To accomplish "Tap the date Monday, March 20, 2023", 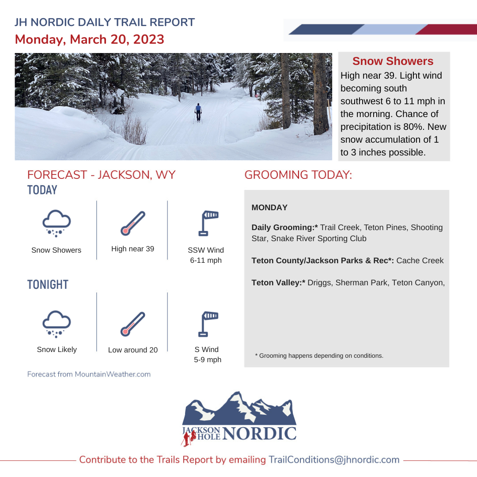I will coord(90,39).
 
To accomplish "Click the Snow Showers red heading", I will coord(393,61).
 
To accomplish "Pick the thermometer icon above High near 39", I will coord(132,223).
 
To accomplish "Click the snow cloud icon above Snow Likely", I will coord(56,323).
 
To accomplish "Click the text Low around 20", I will coord(133,350).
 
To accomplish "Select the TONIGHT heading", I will coord(48,285).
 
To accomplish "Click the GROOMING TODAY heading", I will coord(298,175).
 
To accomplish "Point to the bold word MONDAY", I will coord(269,208).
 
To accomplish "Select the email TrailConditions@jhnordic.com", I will coord(334,460).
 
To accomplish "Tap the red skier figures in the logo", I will coord(189,439).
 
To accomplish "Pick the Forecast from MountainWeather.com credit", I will coord(89,375).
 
